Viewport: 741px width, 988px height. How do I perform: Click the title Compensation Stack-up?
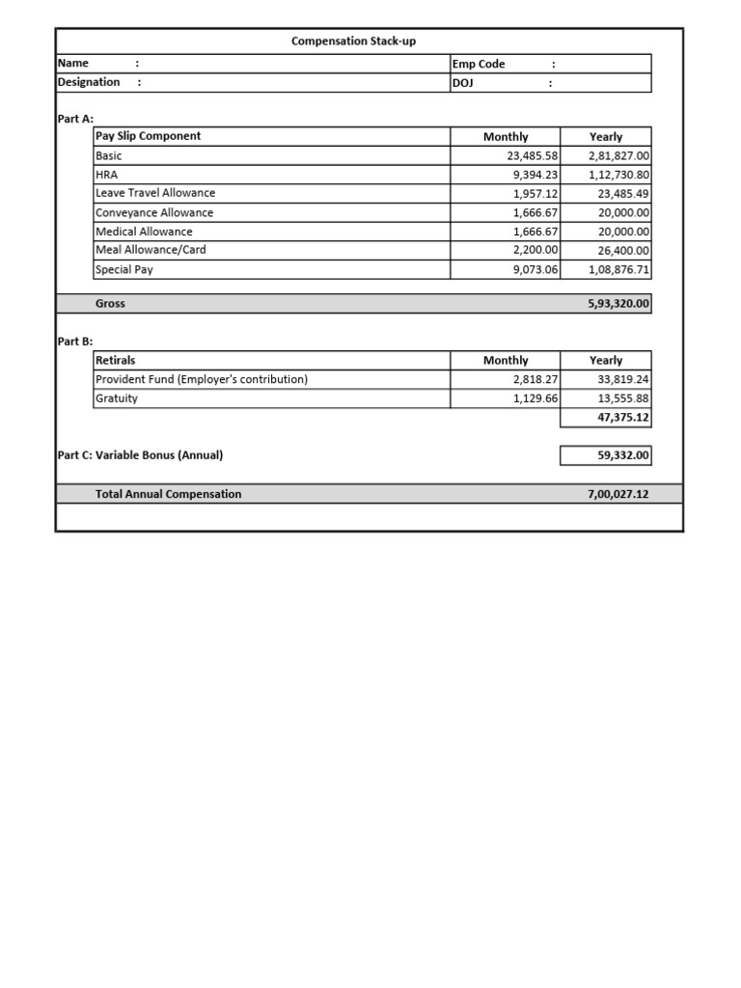(x=354, y=41)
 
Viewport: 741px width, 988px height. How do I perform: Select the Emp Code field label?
(x=479, y=64)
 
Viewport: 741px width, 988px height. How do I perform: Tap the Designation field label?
(x=89, y=82)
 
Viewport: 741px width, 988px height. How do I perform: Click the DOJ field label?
(x=464, y=83)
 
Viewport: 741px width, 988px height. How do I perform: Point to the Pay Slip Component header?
(x=148, y=136)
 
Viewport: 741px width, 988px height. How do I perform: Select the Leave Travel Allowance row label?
(x=155, y=193)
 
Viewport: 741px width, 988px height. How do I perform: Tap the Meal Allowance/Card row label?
(x=151, y=250)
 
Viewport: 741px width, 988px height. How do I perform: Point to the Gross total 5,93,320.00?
(x=618, y=304)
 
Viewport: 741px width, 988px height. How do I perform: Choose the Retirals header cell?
(x=116, y=360)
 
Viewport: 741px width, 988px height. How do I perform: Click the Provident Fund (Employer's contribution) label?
(x=202, y=379)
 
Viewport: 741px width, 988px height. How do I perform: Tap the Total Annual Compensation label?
(x=169, y=494)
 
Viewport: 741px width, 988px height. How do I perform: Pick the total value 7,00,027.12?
(x=618, y=494)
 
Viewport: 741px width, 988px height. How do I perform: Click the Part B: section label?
(x=75, y=342)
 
